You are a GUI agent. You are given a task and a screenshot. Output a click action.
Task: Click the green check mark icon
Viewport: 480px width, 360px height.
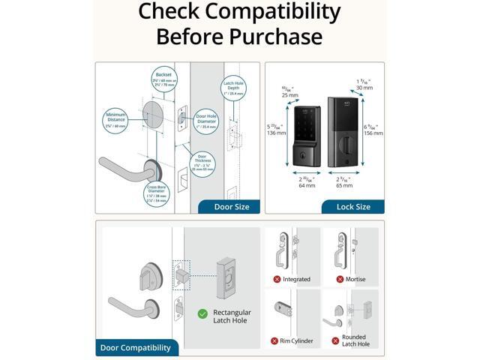(202, 313)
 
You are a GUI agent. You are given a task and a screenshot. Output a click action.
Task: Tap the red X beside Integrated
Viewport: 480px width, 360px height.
(276, 279)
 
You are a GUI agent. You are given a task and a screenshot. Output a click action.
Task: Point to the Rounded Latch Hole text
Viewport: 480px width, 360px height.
(356, 341)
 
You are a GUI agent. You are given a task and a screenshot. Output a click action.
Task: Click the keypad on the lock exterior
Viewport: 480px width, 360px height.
(305, 126)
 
